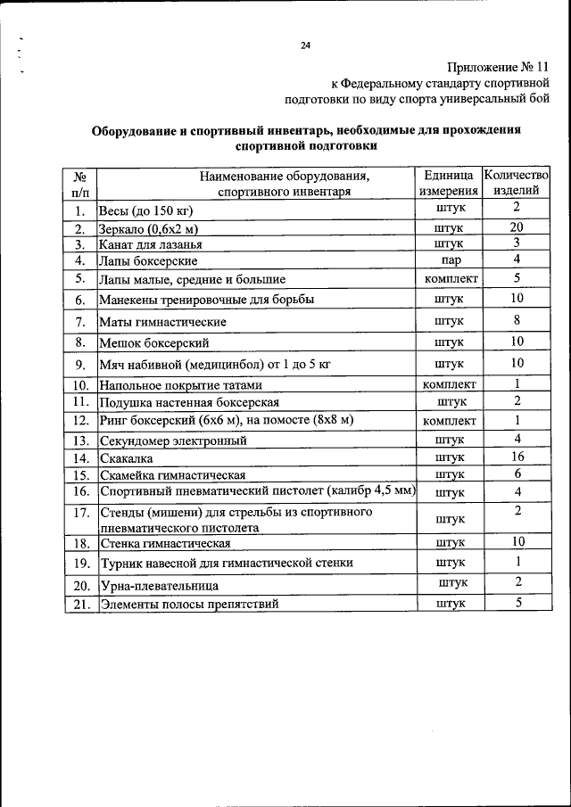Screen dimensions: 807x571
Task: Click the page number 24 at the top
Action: (x=306, y=45)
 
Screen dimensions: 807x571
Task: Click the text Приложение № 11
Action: (x=500, y=67)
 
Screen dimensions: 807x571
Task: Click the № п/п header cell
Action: (x=79, y=183)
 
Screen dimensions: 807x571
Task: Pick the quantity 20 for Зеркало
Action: (x=517, y=227)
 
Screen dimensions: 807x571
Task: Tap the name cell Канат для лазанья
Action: (x=150, y=244)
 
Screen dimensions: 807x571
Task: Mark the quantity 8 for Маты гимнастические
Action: (x=517, y=320)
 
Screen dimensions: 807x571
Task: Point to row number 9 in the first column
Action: (x=79, y=364)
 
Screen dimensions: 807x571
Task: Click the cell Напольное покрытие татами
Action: (x=181, y=385)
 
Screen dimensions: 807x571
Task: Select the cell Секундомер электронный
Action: (x=172, y=441)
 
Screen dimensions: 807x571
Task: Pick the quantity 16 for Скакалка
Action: (x=517, y=457)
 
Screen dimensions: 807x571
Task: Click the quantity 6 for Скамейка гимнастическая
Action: (x=517, y=473)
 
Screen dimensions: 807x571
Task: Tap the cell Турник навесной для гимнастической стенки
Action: (x=227, y=563)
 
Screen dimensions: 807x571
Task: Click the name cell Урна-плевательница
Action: (x=159, y=586)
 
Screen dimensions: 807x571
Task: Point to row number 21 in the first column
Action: (x=79, y=604)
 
